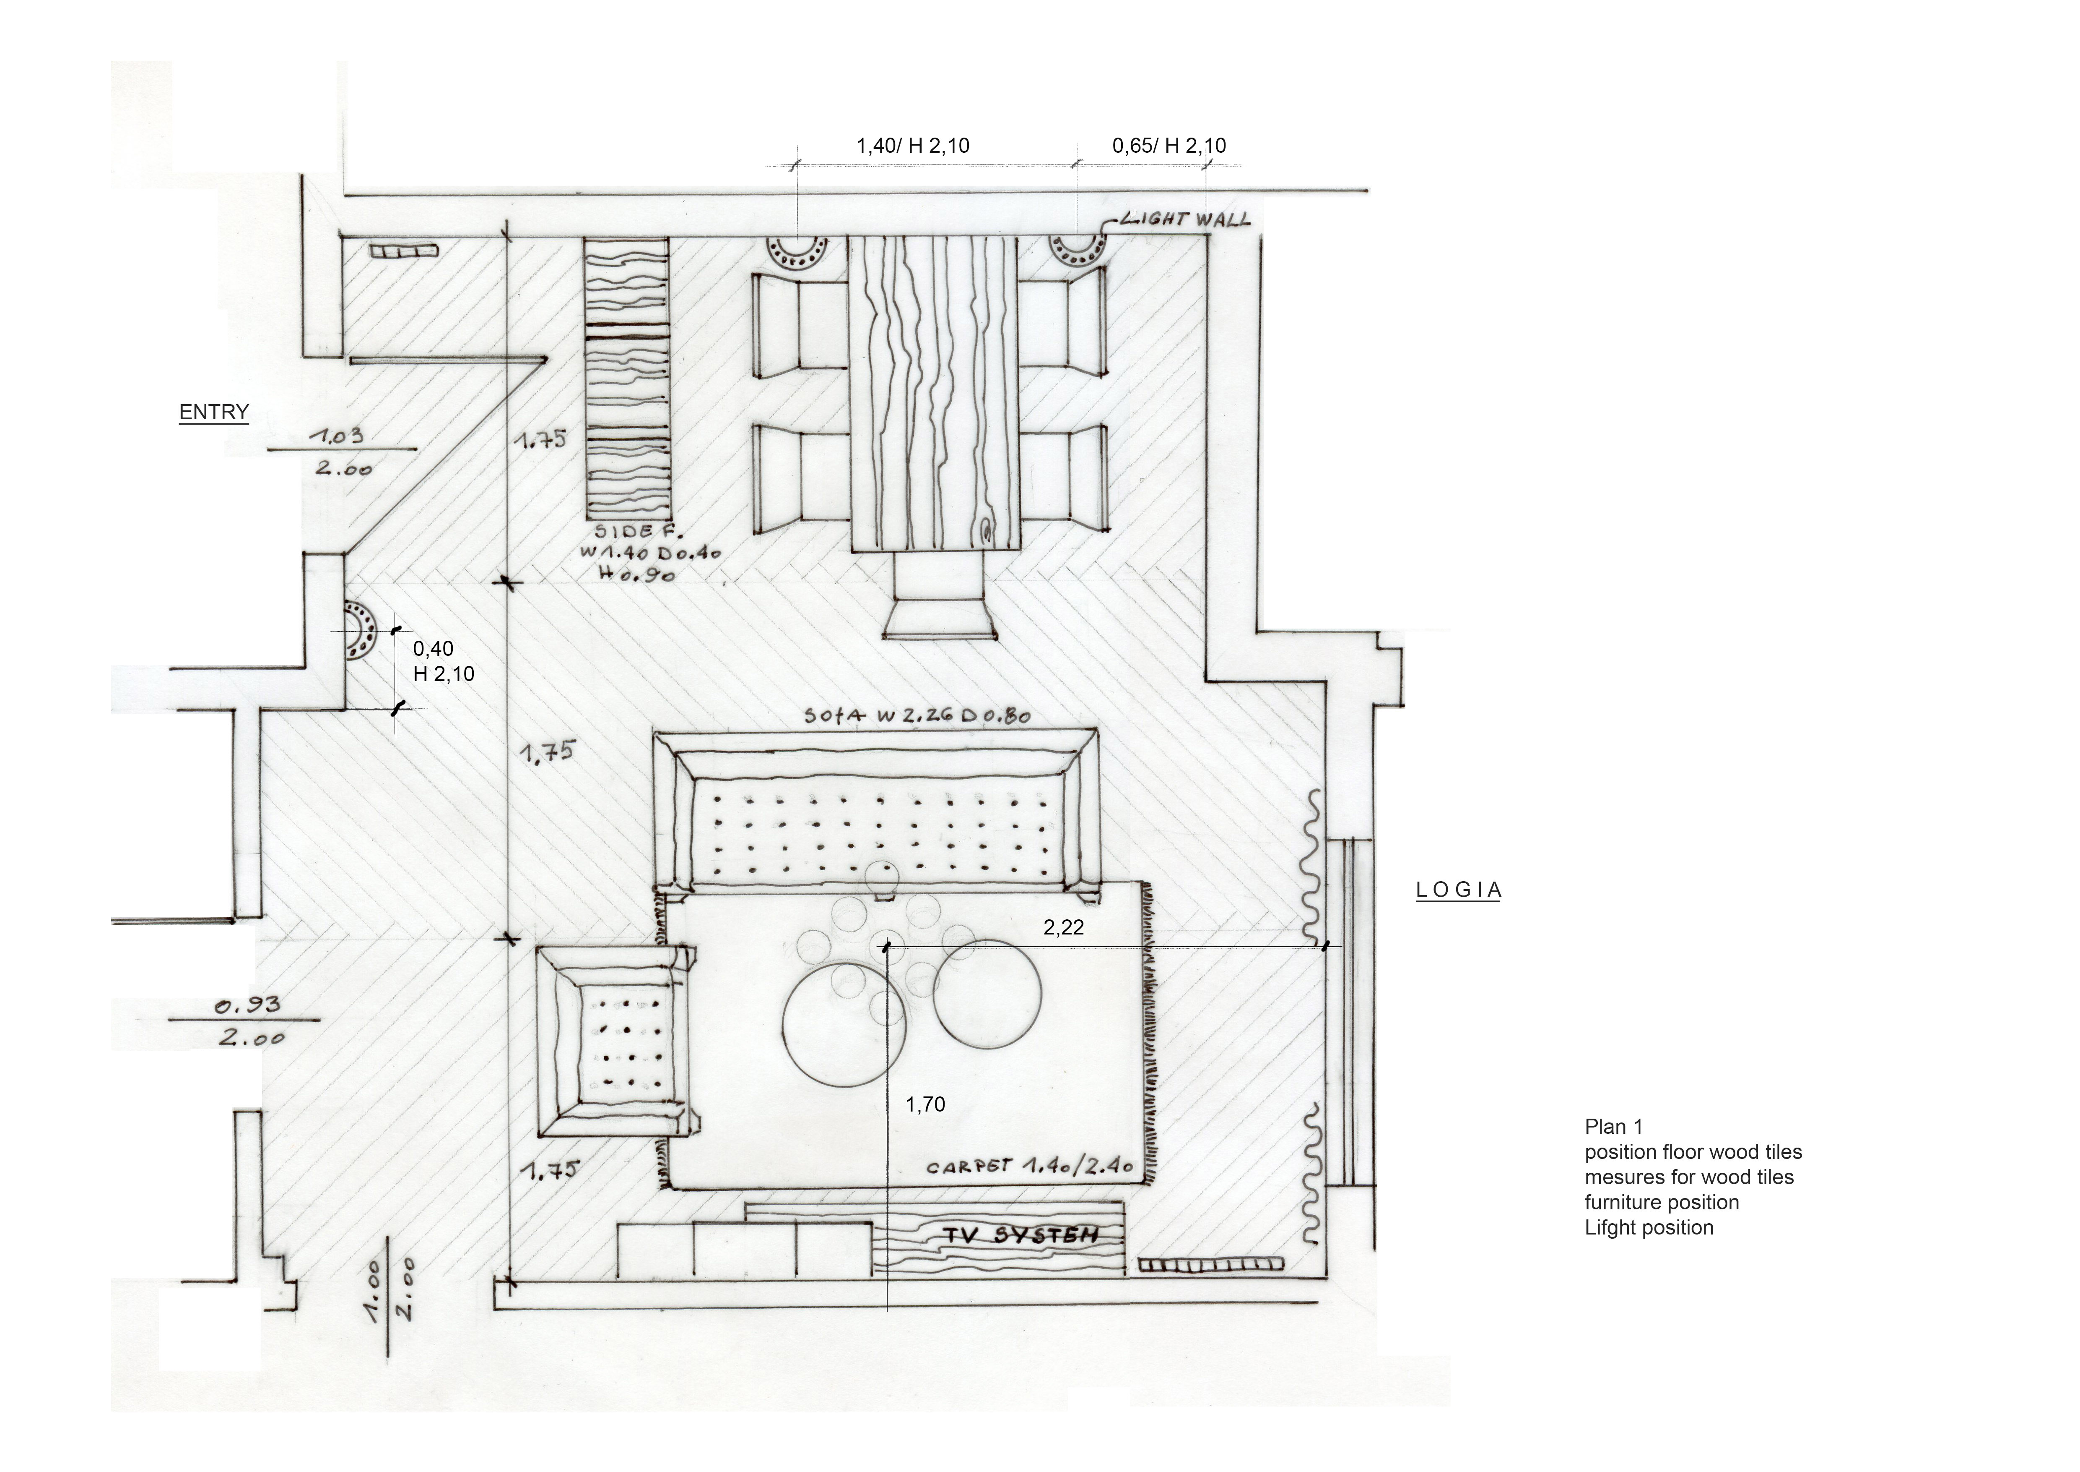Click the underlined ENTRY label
click(x=214, y=412)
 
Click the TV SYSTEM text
click(x=1021, y=1235)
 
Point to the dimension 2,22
click(x=1064, y=927)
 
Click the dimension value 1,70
click(x=925, y=1104)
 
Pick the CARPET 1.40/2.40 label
click(x=1030, y=1167)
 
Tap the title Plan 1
click(x=1613, y=1127)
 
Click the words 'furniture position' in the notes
click(x=1662, y=1203)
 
